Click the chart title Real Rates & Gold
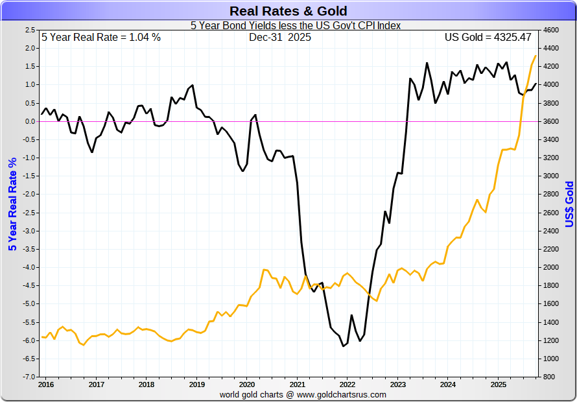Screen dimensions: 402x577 coord(288,11)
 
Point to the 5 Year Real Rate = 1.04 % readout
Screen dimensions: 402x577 coord(101,38)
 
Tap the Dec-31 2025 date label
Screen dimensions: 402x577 coord(280,38)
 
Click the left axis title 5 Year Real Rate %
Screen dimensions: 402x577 coord(12,204)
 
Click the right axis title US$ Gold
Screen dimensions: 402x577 coord(569,204)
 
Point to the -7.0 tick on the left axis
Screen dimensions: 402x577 coord(29,377)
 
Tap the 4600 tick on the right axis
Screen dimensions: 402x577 coord(550,30)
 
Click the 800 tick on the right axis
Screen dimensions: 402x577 coord(548,377)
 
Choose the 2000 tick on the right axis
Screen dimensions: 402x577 coord(550,267)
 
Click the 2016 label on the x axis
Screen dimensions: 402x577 coord(46,384)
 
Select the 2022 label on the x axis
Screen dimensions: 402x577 coord(347,384)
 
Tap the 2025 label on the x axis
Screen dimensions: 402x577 coord(498,384)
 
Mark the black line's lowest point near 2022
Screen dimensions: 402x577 coord(344,346)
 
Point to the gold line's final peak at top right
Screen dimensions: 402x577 coord(536,56)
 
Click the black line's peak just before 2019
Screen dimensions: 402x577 coord(193,85)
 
